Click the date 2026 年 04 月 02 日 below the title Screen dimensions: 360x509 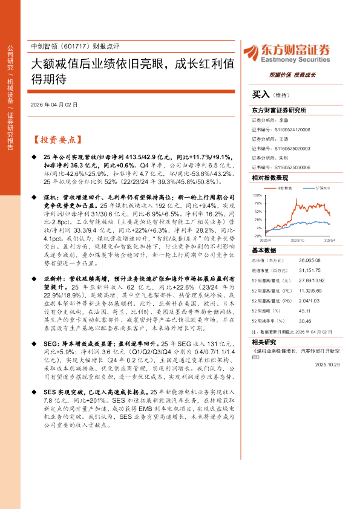(x=54, y=105)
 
